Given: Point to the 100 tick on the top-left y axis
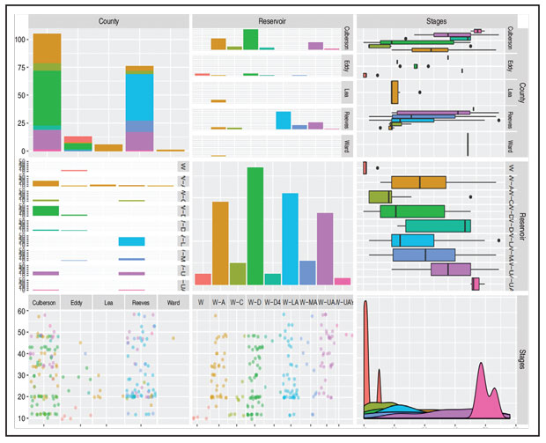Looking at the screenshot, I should tap(18, 40).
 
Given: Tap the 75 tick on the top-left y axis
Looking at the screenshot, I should tap(20, 69).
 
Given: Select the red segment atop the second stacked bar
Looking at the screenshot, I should tap(77, 139).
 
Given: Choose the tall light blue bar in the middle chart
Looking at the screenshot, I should tap(290, 238).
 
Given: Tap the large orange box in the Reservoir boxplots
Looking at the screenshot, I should tap(418, 182).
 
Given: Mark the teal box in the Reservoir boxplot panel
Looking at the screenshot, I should tap(437, 226).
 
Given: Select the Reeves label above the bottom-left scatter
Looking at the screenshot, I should tap(140, 304).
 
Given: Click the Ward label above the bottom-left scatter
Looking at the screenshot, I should tap(173, 304).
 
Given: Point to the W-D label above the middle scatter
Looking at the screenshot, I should tap(255, 304).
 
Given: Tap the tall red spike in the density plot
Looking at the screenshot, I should tap(365, 352).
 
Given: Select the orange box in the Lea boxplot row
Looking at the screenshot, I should tap(394, 92).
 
